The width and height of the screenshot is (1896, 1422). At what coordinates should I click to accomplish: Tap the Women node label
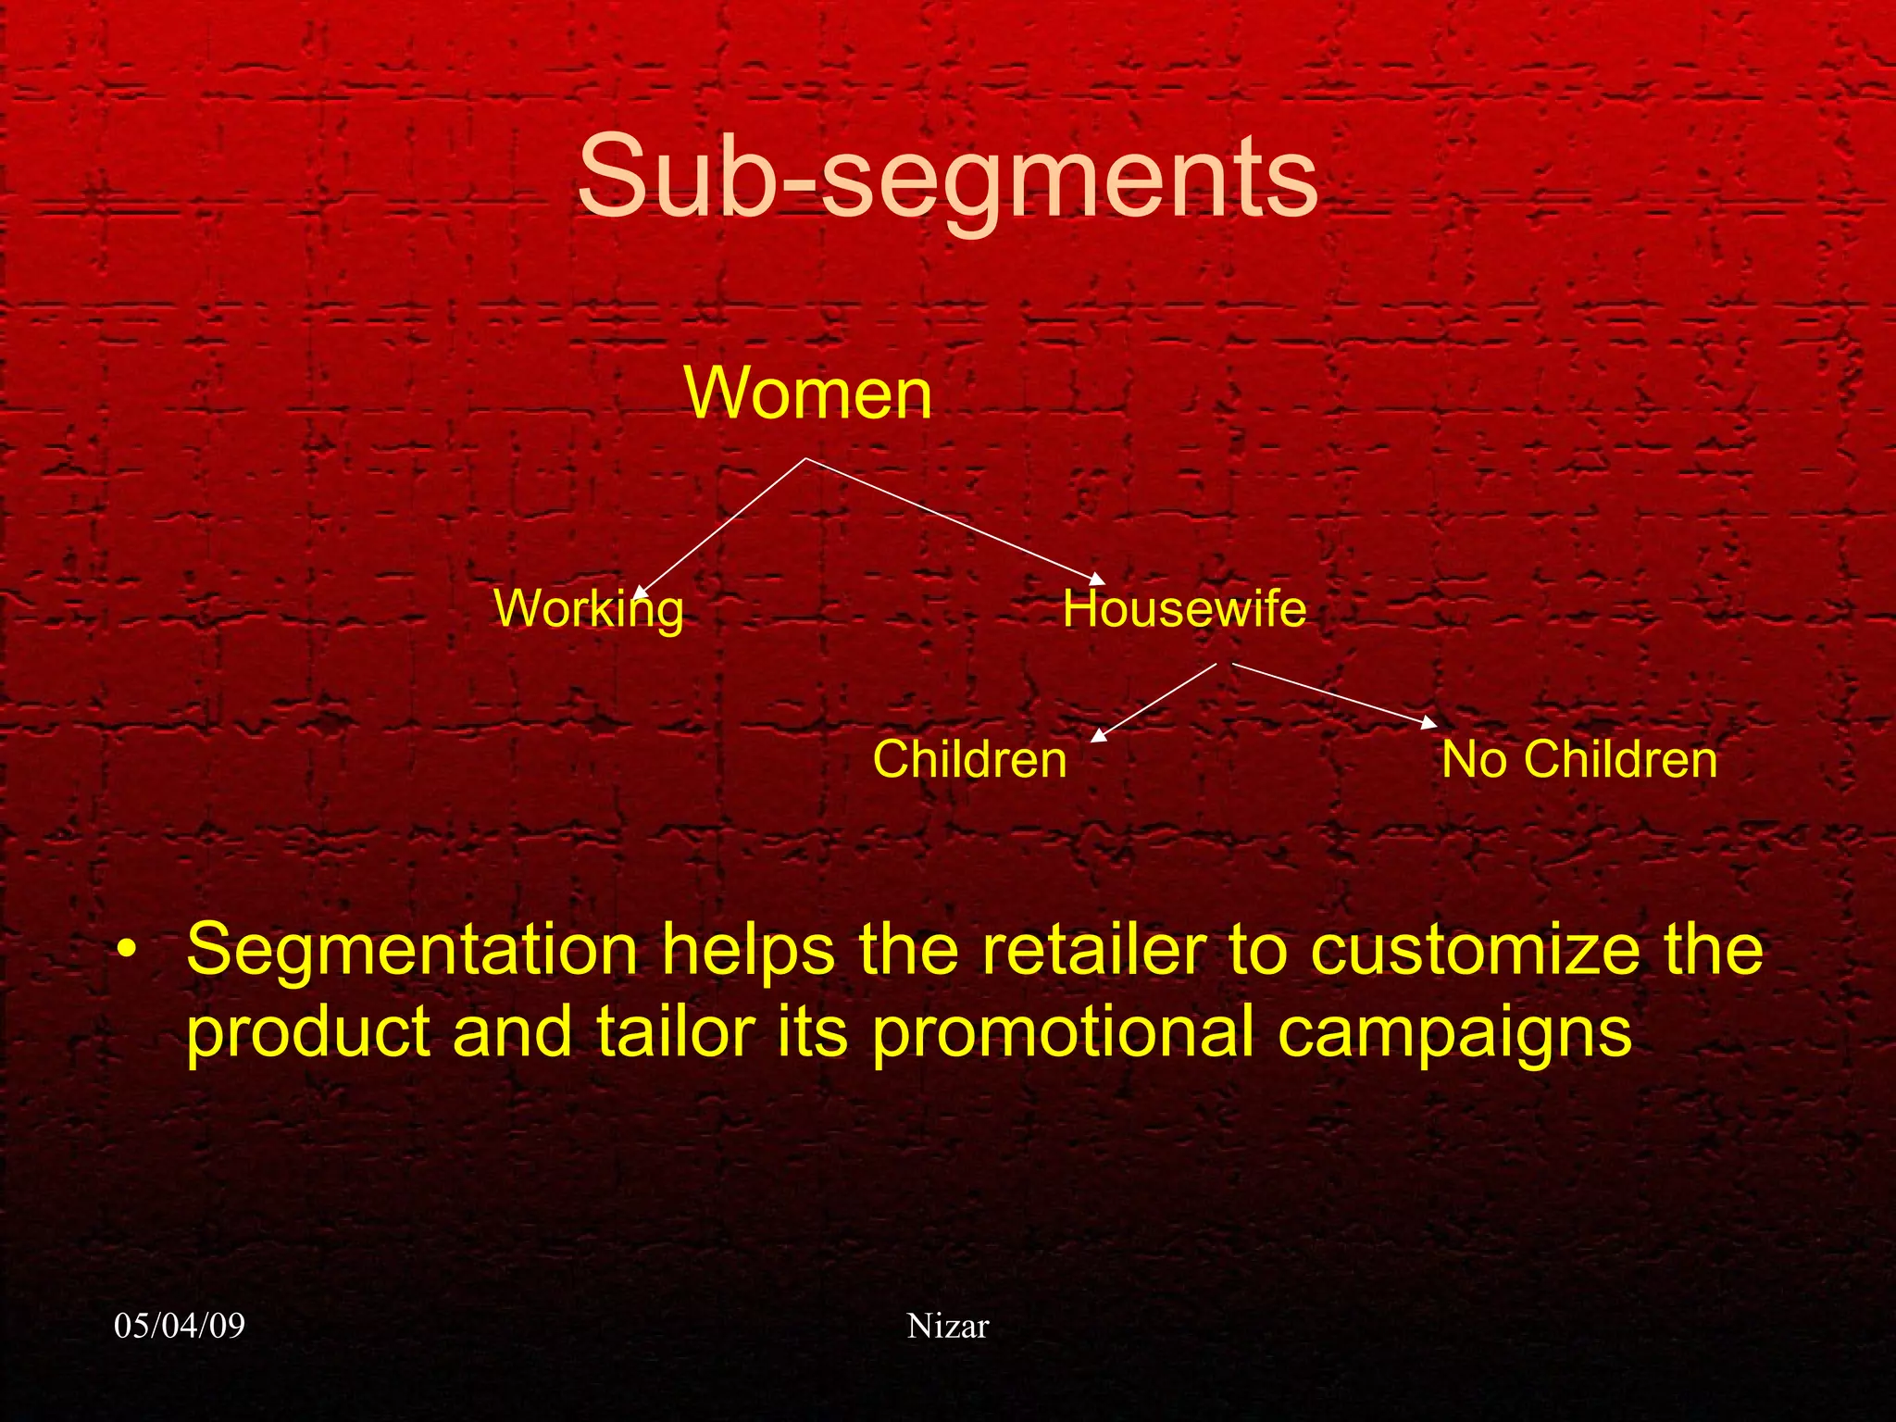807,393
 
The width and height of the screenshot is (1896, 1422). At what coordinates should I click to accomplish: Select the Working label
589,609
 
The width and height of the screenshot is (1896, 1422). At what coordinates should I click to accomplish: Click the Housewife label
1184,609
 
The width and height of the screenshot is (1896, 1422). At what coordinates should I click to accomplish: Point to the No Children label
1579,759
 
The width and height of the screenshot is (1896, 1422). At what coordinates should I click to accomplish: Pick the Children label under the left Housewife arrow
969,759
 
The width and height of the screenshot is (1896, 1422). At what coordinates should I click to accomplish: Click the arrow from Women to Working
722,527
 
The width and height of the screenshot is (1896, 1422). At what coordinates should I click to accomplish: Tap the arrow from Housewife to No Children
1333,694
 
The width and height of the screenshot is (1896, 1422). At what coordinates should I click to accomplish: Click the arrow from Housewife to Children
1154,703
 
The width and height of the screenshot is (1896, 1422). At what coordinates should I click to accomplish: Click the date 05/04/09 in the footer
180,1326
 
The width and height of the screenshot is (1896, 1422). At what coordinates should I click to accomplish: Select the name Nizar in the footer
948,1326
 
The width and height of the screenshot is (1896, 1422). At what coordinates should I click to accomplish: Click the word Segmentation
412,951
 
